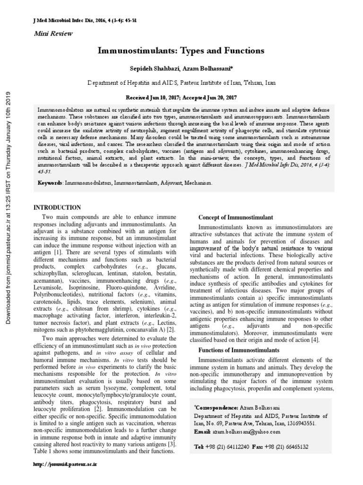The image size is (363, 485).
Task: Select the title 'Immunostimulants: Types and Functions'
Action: tap(181, 50)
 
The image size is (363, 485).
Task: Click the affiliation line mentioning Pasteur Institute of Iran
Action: tap(181, 82)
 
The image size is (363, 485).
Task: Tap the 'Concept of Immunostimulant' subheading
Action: tap(235, 217)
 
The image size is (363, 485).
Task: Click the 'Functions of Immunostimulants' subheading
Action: tap(239, 350)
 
